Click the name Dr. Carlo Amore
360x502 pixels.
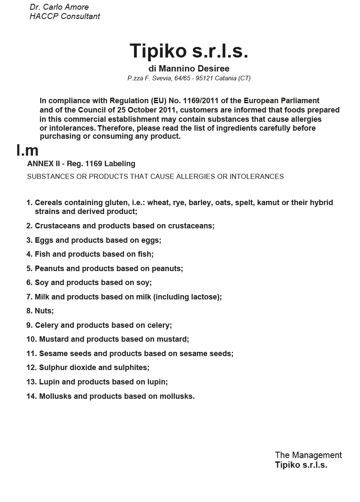coord(59,7)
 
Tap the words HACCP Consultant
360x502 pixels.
coord(65,16)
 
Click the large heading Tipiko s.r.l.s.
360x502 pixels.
coord(189,51)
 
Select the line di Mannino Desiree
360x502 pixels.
coord(189,69)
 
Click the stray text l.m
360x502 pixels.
coord(27,150)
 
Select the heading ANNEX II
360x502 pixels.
coord(42,164)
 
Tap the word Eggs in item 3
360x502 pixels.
coord(44,240)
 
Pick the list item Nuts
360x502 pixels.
coord(44,311)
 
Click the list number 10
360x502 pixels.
coord(31,339)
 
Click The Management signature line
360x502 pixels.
coord(308,455)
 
